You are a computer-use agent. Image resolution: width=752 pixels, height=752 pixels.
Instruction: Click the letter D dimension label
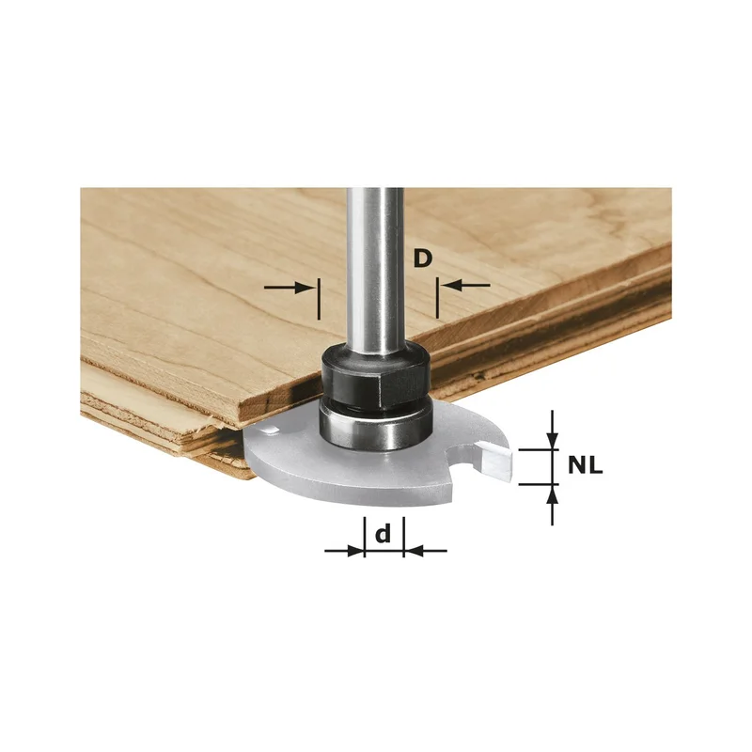click(422, 259)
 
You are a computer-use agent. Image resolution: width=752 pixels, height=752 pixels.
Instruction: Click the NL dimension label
click(585, 465)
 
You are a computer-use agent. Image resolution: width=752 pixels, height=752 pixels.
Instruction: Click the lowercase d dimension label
click(383, 534)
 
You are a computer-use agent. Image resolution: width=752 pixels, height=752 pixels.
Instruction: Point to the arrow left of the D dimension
click(290, 288)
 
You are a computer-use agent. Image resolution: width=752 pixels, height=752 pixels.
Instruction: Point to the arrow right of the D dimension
click(465, 286)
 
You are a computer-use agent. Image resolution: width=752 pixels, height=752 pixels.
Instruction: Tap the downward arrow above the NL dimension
click(553, 430)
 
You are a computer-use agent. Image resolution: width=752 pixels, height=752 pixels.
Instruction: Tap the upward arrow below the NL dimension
click(553, 505)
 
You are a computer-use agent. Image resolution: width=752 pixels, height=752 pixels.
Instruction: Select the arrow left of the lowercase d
click(344, 551)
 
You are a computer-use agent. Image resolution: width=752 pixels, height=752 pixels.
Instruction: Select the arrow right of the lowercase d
click(426, 551)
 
